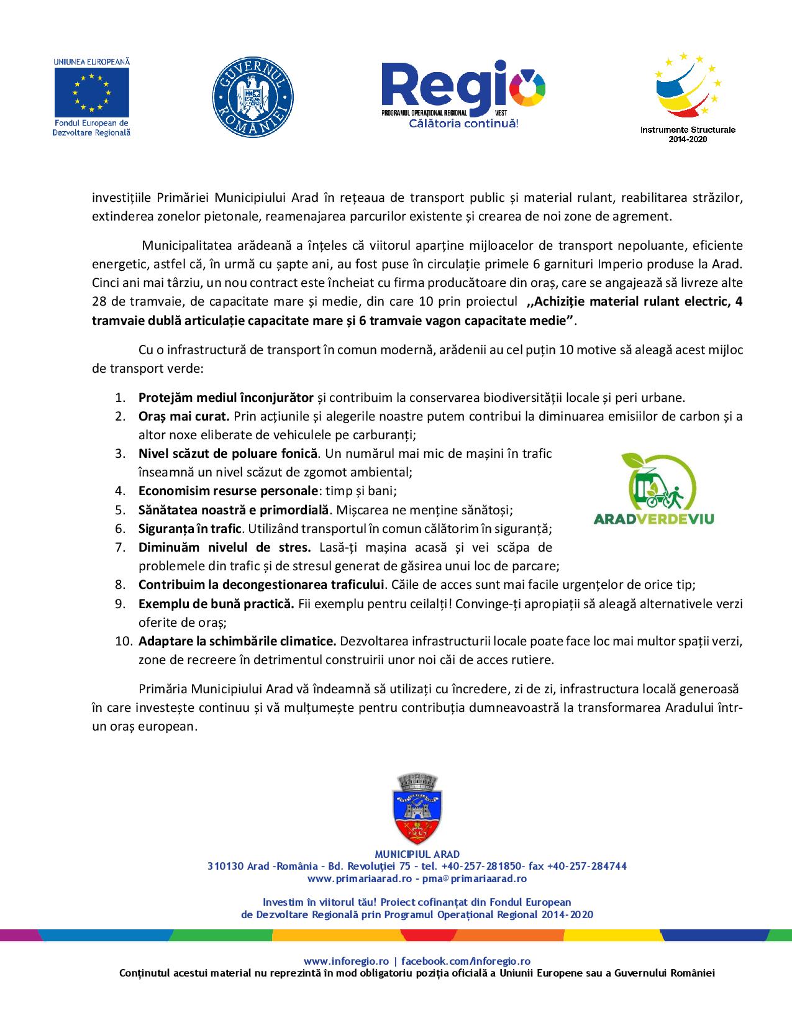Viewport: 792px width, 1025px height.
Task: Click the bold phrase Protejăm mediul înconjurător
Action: pyautogui.click(x=226, y=397)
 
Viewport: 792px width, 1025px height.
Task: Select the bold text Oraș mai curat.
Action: pyautogui.click(x=184, y=416)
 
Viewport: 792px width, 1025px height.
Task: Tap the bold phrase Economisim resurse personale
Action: pyautogui.click(x=228, y=491)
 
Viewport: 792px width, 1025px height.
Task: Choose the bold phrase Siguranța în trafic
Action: pyautogui.click(x=189, y=529)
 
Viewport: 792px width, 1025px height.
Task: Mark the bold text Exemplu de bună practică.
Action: pyautogui.click(x=216, y=603)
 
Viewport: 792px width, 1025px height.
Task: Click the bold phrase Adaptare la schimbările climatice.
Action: pyautogui.click(x=237, y=640)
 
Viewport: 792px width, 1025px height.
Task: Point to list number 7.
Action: pyautogui.click(x=121, y=547)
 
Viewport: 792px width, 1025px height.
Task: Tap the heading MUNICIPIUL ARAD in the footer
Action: pyautogui.click(x=417, y=854)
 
